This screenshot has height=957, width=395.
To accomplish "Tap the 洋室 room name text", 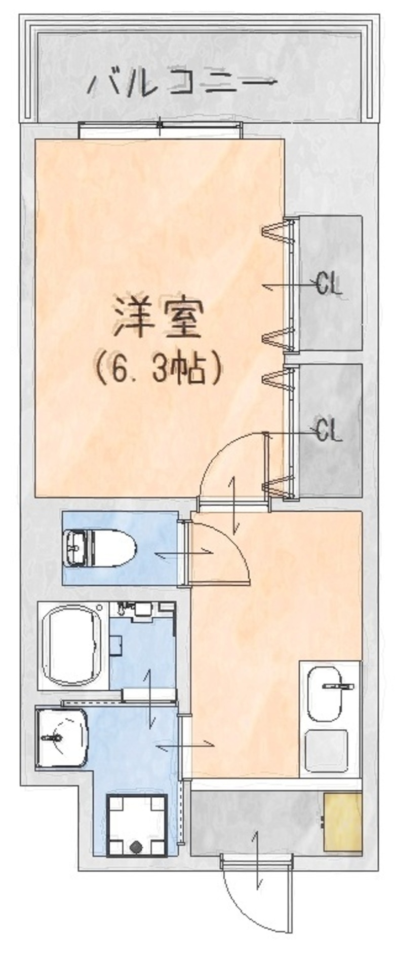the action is [158, 318].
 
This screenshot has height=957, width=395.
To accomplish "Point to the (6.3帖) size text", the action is [158, 369].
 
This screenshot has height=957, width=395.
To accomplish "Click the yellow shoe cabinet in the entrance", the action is [343, 822].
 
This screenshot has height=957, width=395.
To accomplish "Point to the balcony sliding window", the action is [160, 130].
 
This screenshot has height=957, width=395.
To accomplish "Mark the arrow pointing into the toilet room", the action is [184, 554].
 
